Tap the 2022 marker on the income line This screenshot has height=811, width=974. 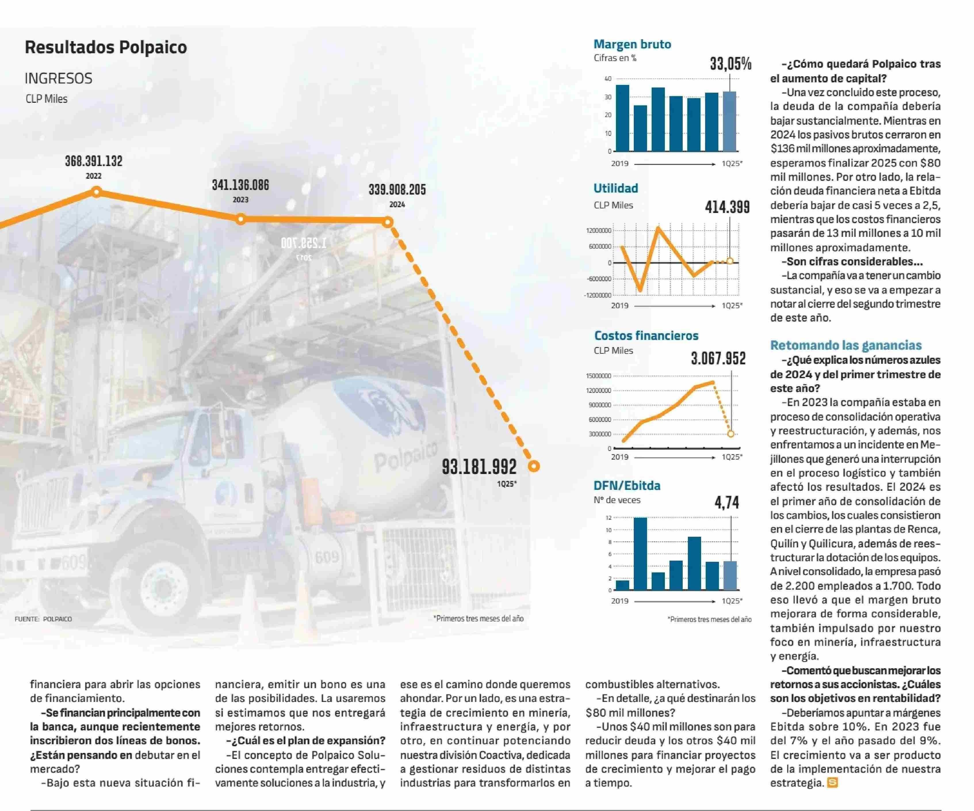pyautogui.click(x=96, y=192)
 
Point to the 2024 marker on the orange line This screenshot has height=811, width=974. pyautogui.click(x=388, y=222)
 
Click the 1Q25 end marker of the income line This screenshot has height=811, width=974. pyautogui.click(x=534, y=466)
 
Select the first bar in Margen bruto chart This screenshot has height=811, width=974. pyautogui.click(x=622, y=118)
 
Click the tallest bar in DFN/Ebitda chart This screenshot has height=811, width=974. pyautogui.click(x=640, y=553)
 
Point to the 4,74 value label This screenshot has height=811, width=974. pyautogui.click(x=727, y=502)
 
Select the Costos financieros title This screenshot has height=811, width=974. pyautogui.click(x=646, y=336)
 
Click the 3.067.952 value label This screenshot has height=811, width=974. pyautogui.click(x=718, y=358)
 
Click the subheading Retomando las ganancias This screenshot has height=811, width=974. pyautogui.click(x=845, y=345)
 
